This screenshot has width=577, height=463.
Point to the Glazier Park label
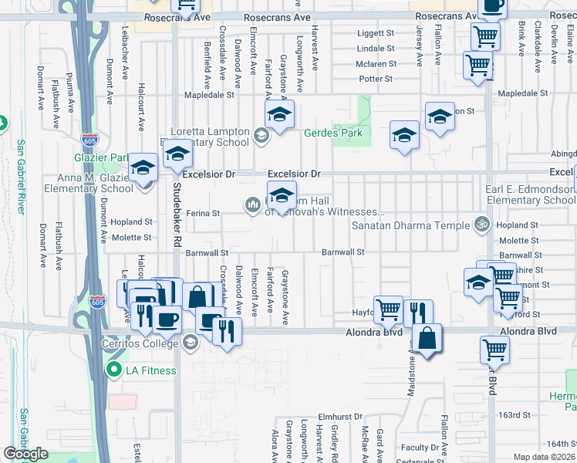pyautogui.click(x=107, y=158)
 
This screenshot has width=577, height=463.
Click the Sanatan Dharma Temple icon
pyautogui.click(x=482, y=225)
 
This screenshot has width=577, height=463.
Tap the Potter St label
pyautogui.click(x=376, y=79)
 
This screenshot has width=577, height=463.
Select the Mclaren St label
pyautogui.click(x=376, y=64)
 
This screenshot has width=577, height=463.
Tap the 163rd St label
pyautogui.click(x=515, y=414)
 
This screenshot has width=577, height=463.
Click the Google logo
pyautogui.click(x=26, y=454)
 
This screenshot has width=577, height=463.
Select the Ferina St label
pyautogui.click(x=206, y=213)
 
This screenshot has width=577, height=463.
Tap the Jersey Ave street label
pyautogui.click(x=420, y=46)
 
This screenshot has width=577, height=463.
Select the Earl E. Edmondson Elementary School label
pyautogui.click(x=529, y=195)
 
